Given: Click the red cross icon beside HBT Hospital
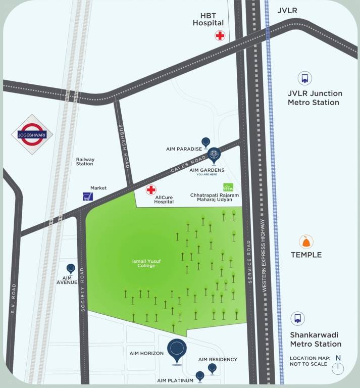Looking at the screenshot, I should coord(220,35).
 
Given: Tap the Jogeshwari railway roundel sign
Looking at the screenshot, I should coord(32,134).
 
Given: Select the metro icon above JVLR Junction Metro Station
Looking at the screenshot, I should coord(304,78).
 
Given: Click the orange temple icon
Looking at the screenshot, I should coord(304,241).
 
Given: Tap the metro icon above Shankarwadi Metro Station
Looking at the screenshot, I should coord(298,319).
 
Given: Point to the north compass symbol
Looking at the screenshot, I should coord(338,367).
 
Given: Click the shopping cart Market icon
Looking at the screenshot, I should coord(88,197).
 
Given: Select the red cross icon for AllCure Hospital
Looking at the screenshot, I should coord(150,190).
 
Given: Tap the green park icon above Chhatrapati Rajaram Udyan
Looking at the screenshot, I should coord(229,186).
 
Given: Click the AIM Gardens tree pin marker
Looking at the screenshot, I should coord(214,155).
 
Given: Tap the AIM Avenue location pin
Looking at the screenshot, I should coord(71,269).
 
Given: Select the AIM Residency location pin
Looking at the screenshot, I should coord(212,369).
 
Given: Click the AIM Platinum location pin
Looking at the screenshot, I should coord(200,376).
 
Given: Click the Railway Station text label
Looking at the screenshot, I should coord(85,162).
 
